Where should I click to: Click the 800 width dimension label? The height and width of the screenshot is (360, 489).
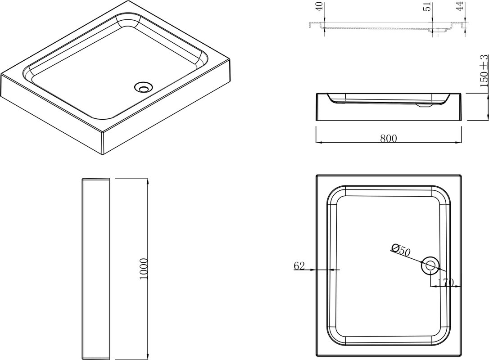(x=388, y=139)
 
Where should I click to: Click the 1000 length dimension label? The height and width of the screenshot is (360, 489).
(x=143, y=269)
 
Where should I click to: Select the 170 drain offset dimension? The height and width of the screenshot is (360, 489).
(x=446, y=283)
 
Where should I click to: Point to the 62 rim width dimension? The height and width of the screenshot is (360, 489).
(x=299, y=265)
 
